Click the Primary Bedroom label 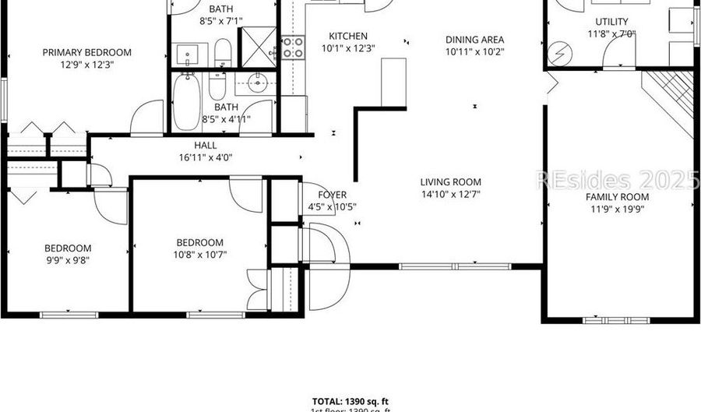tap(86, 52)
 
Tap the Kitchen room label tap(347, 36)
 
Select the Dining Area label tap(474, 40)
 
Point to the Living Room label tap(451, 181)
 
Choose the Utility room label tap(611, 21)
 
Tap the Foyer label tap(333, 195)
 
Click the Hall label tap(206, 145)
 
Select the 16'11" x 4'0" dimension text tap(206, 157)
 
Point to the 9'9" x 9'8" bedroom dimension tap(67, 261)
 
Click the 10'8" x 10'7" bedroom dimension tap(199, 255)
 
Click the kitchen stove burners tap(293, 47)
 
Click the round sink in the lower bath tap(258, 82)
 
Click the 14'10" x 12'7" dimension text tap(451, 194)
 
